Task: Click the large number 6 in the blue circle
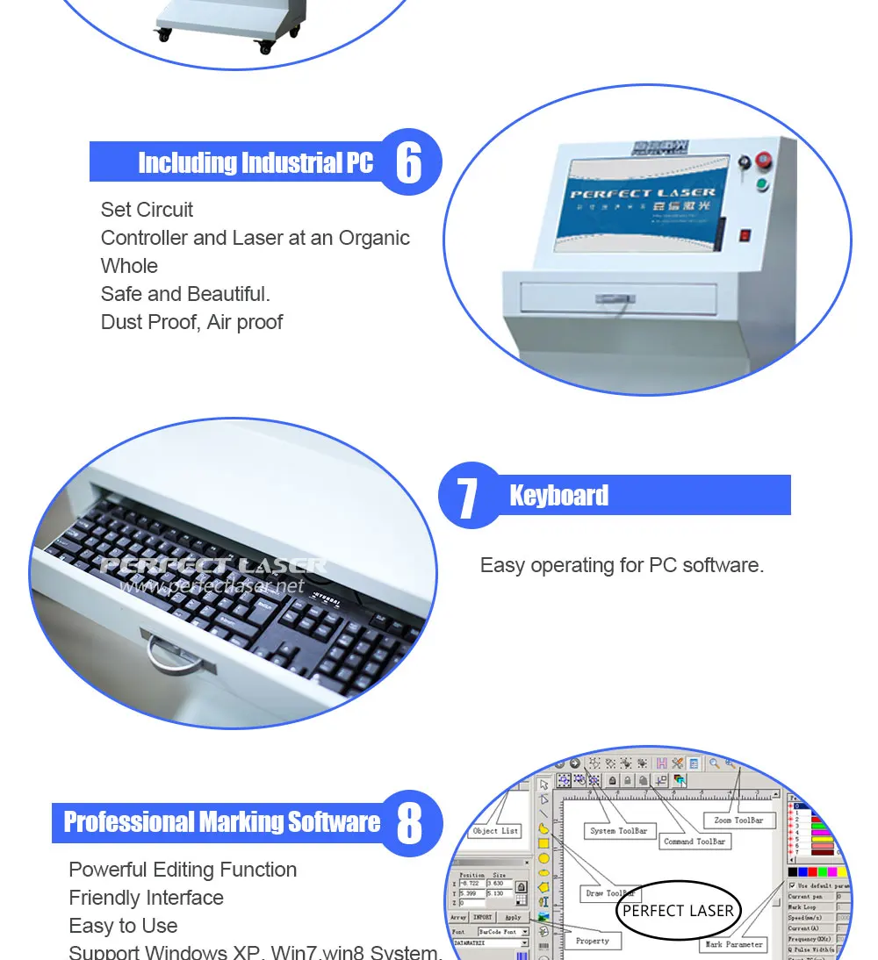pyautogui.click(x=408, y=161)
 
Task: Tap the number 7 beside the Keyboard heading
pyautogui.click(x=467, y=497)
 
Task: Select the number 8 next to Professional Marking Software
pyautogui.click(x=409, y=822)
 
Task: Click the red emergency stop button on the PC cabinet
pyautogui.click(x=763, y=161)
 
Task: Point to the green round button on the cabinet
pyautogui.click(x=762, y=185)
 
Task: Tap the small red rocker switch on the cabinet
pyautogui.click(x=745, y=235)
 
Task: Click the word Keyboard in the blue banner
pyautogui.click(x=558, y=496)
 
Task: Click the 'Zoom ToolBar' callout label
pyautogui.click(x=738, y=820)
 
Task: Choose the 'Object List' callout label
pyautogui.click(x=496, y=831)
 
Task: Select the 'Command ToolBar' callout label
pyautogui.click(x=694, y=841)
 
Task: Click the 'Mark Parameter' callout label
pyautogui.click(x=733, y=944)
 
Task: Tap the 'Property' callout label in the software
pyautogui.click(x=592, y=941)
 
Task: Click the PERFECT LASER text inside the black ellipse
pyautogui.click(x=678, y=910)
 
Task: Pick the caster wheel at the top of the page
pyautogui.click(x=163, y=36)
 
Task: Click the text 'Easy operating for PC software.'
pyautogui.click(x=622, y=565)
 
